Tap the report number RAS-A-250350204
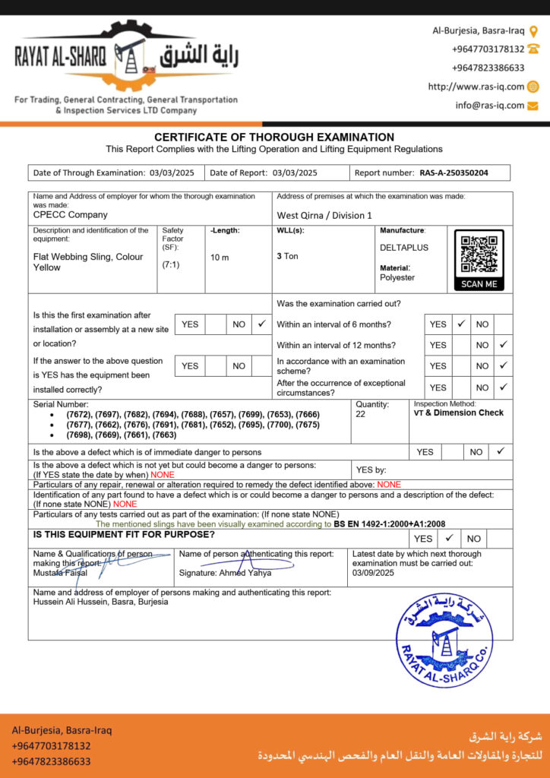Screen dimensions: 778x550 point(454,173)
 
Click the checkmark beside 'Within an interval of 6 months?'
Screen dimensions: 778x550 point(461,324)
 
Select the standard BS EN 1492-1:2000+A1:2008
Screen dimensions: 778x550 point(390,524)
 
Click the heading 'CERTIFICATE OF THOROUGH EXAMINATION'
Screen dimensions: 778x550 point(274,137)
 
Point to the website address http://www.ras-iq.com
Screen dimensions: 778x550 point(476,87)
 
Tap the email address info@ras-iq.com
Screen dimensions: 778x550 point(490,106)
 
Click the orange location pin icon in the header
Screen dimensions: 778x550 point(533,31)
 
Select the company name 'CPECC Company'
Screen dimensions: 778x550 point(71,215)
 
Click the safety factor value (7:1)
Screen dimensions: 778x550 point(170,264)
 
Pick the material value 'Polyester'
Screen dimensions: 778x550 point(397,277)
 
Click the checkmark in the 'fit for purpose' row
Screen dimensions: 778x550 point(450,538)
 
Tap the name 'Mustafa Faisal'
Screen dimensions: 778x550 point(59,572)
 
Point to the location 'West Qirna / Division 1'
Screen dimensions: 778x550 point(324,216)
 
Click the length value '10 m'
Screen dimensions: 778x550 point(220,258)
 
